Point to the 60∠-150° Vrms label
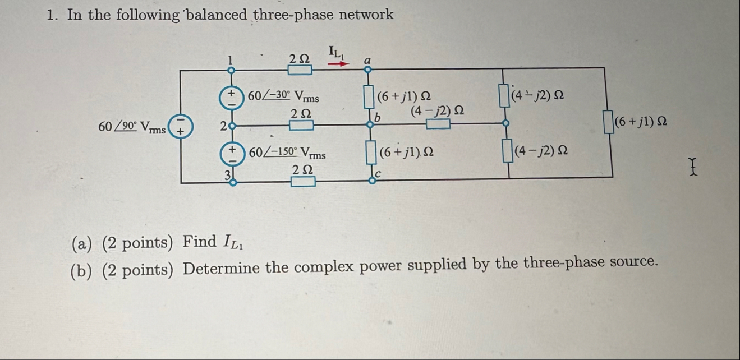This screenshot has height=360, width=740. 287,153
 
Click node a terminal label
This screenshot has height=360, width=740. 367,58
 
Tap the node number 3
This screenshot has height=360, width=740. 228,175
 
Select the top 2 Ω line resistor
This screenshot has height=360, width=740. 300,70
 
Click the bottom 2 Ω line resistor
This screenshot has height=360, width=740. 302,181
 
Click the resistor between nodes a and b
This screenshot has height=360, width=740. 367,96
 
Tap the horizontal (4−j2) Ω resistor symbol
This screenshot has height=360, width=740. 438,124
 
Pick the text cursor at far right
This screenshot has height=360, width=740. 696,165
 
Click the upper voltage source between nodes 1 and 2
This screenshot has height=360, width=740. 231,96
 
